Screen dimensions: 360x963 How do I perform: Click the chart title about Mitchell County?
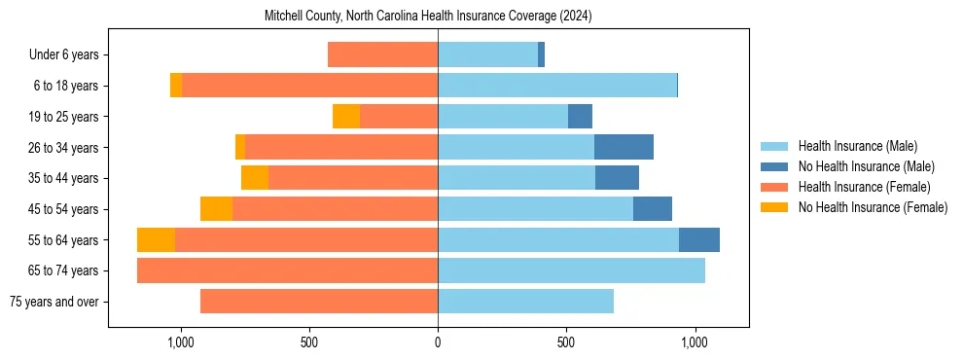tap(428, 17)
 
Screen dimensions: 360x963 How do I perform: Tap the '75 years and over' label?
tap(53, 302)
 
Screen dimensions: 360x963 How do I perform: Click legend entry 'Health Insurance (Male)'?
tap(857, 146)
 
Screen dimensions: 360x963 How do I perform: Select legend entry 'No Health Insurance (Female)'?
tap(873, 207)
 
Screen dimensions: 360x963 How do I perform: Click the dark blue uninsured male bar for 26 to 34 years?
tap(624, 147)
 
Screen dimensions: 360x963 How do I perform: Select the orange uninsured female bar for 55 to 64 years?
tap(156, 240)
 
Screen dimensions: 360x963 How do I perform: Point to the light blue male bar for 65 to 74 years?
tap(571, 270)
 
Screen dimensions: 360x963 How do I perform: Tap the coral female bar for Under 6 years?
tap(382, 54)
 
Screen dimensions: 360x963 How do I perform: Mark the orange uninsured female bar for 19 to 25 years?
tap(346, 117)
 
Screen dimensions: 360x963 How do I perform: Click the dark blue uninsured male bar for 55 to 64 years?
tap(698, 240)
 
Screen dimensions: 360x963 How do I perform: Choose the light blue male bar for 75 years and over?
tap(525, 302)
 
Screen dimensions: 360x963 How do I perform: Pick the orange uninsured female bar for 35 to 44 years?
tap(255, 178)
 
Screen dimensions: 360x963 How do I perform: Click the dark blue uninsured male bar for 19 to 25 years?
tap(580, 117)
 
